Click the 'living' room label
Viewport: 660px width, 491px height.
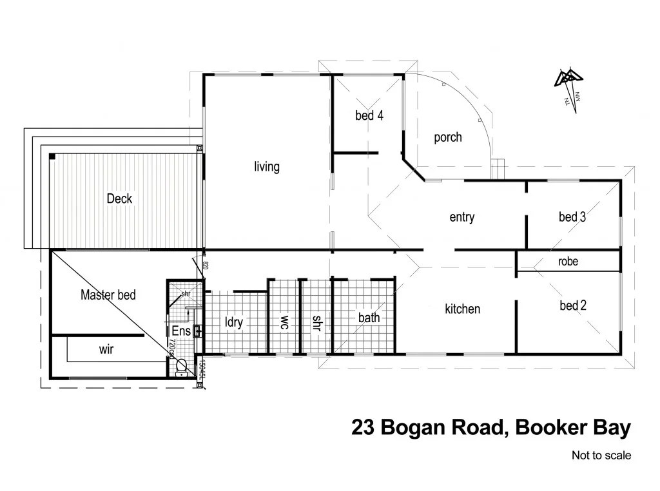pos(267,167)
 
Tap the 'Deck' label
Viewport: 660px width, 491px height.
pos(119,198)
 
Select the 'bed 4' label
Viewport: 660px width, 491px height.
pos(369,116)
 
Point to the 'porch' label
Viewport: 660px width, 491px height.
pos(447,137)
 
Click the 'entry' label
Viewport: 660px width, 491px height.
pos(461,217)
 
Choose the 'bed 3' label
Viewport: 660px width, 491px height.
pos(572,217)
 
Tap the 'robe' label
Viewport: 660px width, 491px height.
pos(568,262)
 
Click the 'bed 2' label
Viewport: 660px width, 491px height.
pos(572,305)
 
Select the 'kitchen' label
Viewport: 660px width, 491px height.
pos(462,309)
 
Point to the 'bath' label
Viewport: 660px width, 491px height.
pos(369,318)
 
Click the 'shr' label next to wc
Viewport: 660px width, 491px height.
pos(316,322)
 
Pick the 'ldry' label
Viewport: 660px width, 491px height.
pos(233,322)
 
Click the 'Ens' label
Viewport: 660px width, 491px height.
pos(181,331)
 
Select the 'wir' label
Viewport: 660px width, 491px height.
pos(106,349)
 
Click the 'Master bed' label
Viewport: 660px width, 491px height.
pos(108,295)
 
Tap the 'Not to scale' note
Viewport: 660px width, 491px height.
pos(601,456)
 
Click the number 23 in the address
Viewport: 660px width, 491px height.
pos(364,428)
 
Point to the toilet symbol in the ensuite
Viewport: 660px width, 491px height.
pos(180,369)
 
